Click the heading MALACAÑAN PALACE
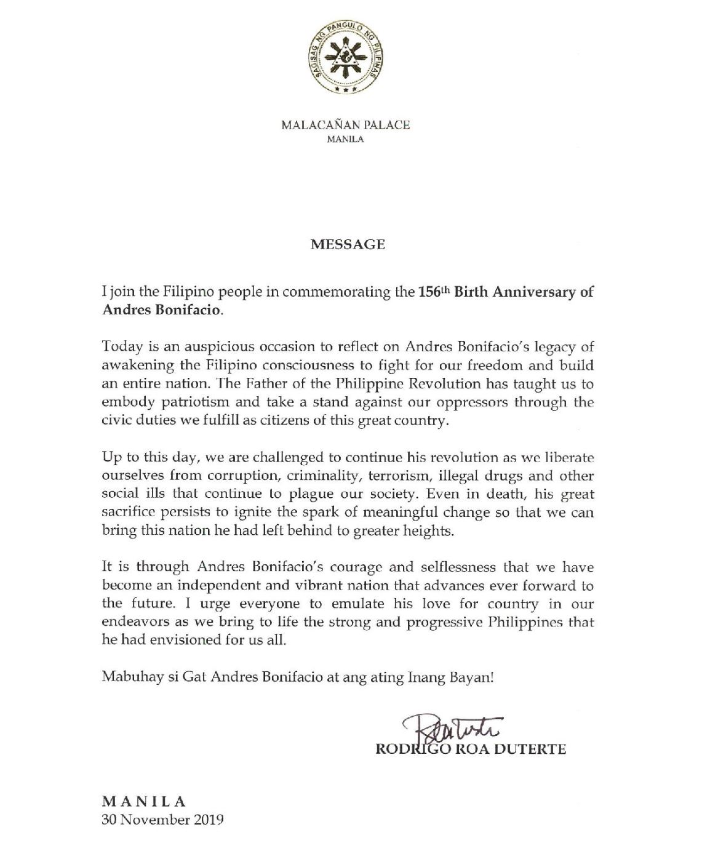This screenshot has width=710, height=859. click(346, 126)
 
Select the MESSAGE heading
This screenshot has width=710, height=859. click(348, 244)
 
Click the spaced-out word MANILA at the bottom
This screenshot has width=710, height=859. click(143, 802)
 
